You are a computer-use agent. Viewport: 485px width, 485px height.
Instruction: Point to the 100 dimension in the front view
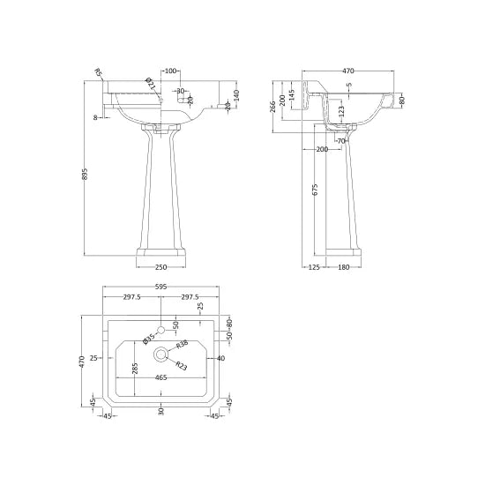[171, 71]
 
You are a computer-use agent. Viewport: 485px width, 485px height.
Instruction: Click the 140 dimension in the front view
[236, 95]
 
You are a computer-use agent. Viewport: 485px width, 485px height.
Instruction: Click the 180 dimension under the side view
[345, 268]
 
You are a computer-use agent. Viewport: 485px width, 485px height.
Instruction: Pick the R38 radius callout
[182, 345]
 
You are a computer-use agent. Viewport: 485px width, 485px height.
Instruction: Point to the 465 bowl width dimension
[160, 377]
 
